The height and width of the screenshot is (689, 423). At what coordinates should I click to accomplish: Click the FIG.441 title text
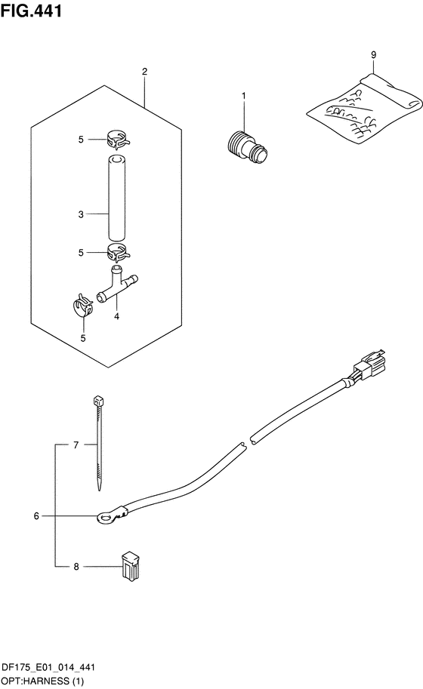click(x=31, y=11)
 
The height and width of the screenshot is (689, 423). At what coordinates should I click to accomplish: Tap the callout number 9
click(x=373, y=55)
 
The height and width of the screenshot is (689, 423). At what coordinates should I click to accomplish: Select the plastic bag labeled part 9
click(x=364, y=108)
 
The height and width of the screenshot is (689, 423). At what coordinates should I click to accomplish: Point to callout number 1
click(x=243, y=95)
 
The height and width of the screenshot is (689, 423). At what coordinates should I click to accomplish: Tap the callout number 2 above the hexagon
click(x=145, y=71)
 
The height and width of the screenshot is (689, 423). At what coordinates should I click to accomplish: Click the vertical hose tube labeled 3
click(x=117, y=197)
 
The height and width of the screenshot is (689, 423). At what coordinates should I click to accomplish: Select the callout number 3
click(x=81, y=214)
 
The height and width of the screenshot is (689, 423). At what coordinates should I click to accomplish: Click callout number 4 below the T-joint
click(x=116, y=316)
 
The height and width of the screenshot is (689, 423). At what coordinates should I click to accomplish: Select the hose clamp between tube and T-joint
click(x=119, y=252)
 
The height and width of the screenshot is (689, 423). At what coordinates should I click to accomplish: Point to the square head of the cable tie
click(x=98, y=401)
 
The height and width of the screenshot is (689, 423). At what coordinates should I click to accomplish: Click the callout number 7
click(x=76, y=445)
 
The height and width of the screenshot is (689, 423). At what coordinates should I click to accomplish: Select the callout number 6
click(x=36, y=516)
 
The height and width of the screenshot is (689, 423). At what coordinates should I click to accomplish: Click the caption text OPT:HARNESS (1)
click(x=42, y=681)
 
